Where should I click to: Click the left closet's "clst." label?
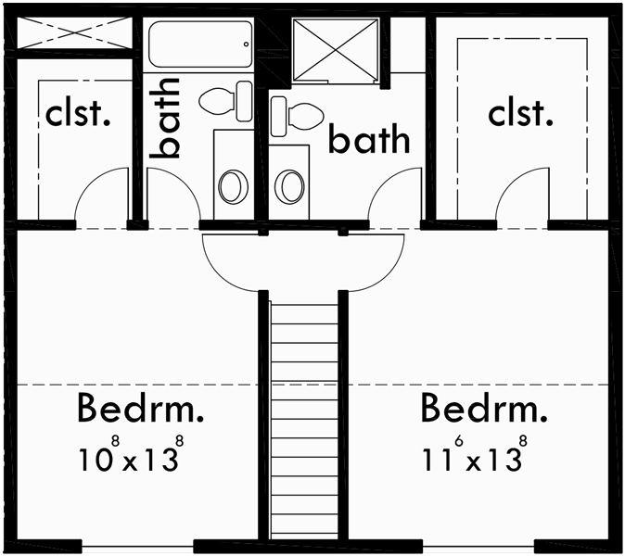(78, 116)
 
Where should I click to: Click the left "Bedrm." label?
(141, 407)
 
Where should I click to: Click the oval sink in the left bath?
(233, 185)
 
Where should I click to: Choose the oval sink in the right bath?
(290, 185)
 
